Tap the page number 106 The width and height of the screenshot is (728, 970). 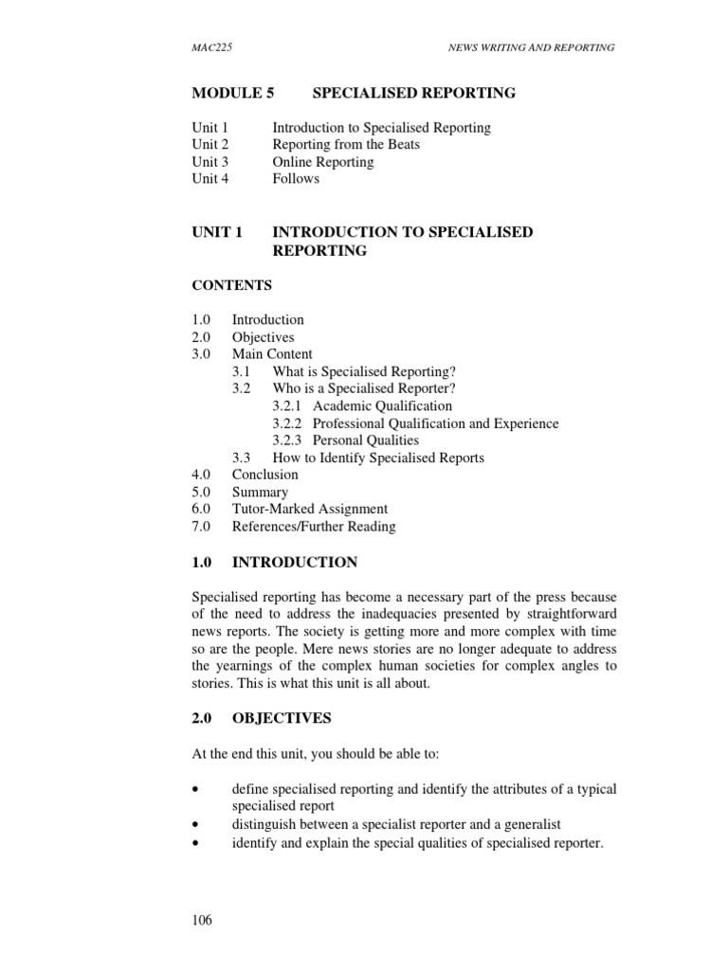coord(201,920)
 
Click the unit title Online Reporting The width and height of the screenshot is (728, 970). coord(322,162)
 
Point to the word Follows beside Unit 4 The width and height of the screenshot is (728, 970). coord(296,179)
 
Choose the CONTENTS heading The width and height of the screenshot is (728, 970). coord(231,285)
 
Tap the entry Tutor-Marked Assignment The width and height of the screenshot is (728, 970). coord(309,510)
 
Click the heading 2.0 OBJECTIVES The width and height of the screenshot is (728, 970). coord(262,719)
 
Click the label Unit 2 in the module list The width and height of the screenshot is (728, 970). coord(209,145)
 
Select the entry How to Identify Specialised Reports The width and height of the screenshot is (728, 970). coord(378,458)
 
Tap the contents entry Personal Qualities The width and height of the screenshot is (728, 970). coord(366,440)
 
